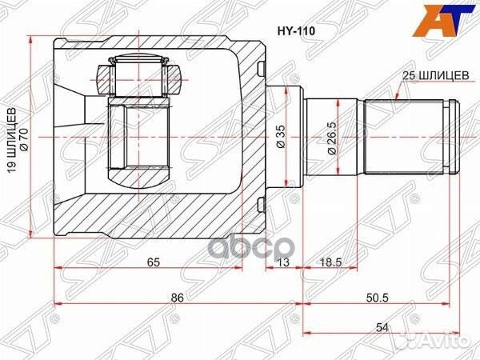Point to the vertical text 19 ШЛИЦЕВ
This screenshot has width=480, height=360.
pos(11,137)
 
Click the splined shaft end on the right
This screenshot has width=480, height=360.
pos(412,138)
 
